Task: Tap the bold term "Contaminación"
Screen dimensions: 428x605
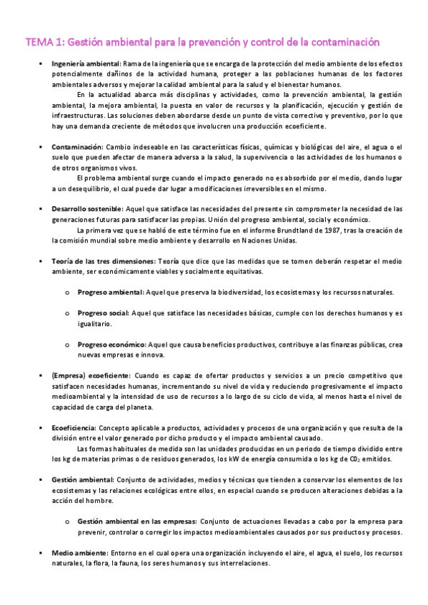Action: pos(77,146)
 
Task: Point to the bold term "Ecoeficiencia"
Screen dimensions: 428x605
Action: pos(77,427)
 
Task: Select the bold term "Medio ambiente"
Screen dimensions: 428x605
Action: pos(79,553)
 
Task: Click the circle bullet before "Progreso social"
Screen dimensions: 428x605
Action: pos(66,313)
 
